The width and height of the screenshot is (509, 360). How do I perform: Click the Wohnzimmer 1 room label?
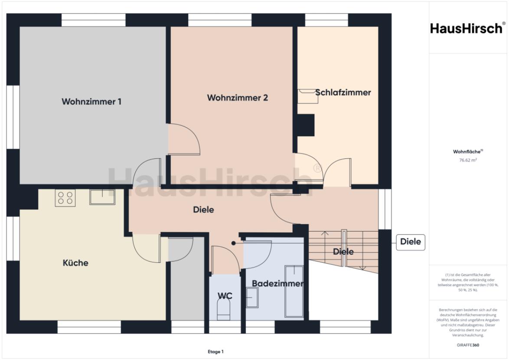[91, 102]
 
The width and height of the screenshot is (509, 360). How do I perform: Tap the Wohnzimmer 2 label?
[237, 98]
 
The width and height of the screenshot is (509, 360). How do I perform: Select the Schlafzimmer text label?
[343, 92]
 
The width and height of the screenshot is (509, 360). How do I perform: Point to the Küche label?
[75, 263]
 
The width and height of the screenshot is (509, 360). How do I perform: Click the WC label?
[225, 296]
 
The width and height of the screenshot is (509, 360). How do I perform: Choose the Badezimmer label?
[277, 284]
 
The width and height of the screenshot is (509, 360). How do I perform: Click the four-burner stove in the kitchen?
[65, 198]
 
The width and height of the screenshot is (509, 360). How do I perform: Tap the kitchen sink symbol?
[102, 197]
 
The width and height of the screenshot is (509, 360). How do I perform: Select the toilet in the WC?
[223, 311]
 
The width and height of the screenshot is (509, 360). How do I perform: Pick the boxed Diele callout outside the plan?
[410, 242]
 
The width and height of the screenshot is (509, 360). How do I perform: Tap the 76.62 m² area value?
[468, 160]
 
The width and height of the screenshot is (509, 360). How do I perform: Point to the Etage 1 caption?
[215, 352]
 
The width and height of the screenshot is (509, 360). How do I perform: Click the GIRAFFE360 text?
[468, 345]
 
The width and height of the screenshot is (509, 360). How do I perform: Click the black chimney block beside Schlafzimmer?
[305, 126]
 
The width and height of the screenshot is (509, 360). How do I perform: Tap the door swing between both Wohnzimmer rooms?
[184, 139]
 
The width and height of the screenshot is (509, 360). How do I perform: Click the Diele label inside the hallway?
[204, 210]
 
